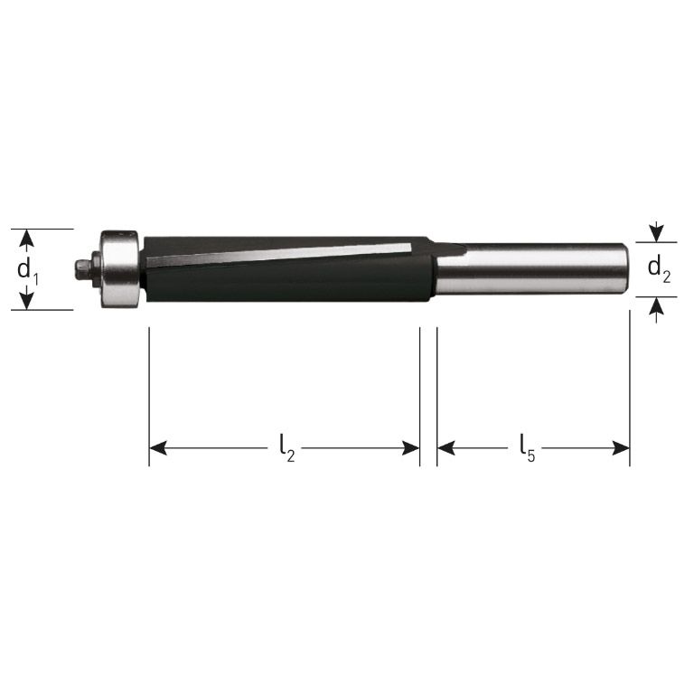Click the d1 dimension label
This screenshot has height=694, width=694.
[29, 269]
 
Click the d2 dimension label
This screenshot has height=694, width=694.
[660, 269]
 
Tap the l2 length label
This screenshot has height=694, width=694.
[286, 446]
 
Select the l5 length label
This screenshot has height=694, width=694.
[527, 446]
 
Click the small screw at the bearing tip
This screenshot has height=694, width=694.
[85, 268]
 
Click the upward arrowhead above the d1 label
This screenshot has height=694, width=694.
[27, 238]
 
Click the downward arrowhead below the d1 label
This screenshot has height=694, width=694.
[27, 301]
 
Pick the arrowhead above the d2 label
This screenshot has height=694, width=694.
[657, 234]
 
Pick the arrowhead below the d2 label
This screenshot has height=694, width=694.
[657, 305]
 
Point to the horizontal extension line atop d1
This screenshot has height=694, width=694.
[45, 229]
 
